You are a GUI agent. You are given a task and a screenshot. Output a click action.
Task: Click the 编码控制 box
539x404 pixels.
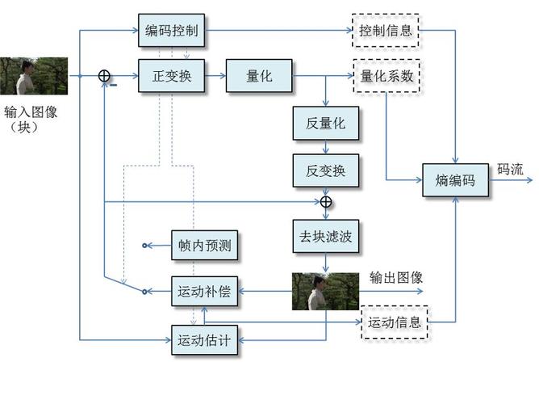(172, 32)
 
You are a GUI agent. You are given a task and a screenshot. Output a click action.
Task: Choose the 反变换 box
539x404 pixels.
(325, 170)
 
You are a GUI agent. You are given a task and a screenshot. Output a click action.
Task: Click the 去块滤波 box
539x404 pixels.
(325, 237)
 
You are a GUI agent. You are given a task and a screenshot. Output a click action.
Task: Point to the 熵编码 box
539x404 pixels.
(456, 179)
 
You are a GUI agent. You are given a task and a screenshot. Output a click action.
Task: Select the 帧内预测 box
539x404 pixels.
(204, 245)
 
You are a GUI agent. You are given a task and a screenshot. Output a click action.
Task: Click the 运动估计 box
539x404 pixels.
(204, 340)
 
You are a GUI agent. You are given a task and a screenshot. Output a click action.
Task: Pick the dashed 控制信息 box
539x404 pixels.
(386, 32)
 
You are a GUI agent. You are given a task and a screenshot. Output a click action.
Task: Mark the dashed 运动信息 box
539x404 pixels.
(395, 322)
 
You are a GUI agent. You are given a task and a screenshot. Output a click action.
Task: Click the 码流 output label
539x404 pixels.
(510, 170)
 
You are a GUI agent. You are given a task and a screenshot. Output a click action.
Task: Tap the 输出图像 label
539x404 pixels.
(396, 277)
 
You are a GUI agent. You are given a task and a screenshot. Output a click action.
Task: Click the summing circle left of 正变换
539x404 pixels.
(105, 76)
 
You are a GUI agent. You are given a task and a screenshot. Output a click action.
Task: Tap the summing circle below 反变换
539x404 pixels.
(326, 200)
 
